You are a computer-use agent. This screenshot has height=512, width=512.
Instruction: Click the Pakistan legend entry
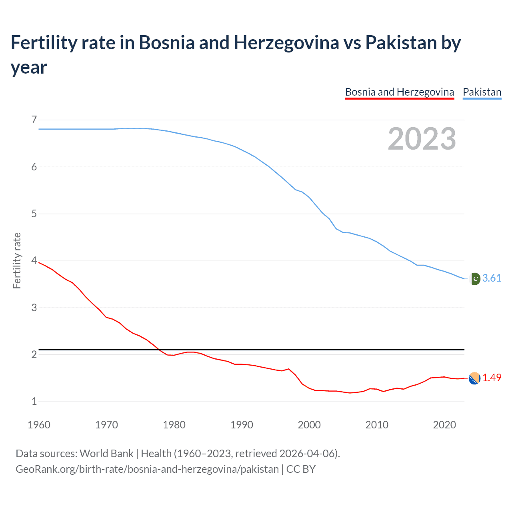point(482,92)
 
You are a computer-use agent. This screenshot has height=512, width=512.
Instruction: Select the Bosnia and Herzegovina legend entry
point(399,92)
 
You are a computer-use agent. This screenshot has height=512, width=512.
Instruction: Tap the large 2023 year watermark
point(422,139)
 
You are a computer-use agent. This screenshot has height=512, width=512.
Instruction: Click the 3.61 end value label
point(492,278)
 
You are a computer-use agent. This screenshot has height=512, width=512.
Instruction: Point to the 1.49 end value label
point(492,378)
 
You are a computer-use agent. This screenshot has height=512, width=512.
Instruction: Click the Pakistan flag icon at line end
point(475,278)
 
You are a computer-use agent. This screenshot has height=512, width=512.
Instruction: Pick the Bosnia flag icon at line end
point(474,378)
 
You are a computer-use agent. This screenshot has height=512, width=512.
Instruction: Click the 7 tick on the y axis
point(34,120)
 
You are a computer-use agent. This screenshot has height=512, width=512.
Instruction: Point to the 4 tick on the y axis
point(34,261)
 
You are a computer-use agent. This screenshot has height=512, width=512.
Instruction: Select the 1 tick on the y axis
point(34,401)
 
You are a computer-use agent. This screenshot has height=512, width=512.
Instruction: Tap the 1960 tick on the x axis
point(39,425)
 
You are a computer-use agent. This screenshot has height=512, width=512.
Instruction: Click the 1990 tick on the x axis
point(242,425)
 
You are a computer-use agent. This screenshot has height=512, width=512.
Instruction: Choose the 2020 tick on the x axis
point(444,425)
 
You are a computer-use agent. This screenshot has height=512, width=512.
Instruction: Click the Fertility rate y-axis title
point(17,260)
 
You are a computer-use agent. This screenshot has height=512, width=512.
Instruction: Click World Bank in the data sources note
point(106,454)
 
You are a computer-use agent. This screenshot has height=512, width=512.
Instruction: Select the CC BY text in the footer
point(301,469)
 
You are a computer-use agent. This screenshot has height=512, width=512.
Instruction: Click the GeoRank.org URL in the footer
point(147,469)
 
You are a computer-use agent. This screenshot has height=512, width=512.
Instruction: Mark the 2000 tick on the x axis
point(309,425)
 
